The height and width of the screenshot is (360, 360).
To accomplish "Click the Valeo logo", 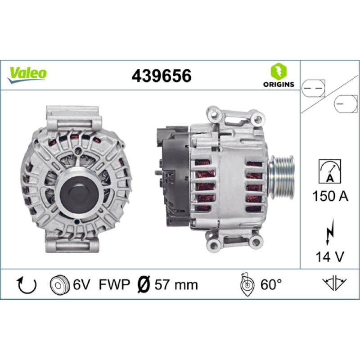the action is pos(27,75).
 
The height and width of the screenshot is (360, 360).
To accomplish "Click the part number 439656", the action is pos(162,76).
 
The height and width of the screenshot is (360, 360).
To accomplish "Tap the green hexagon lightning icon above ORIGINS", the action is pos(279,71).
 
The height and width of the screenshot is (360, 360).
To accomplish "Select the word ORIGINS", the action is pos(279,84).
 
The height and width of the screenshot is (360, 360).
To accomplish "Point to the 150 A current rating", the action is pos(330,196).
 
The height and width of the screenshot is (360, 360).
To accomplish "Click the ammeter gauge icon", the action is pos(330,171).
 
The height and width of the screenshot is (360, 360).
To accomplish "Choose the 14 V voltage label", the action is pos(330,256).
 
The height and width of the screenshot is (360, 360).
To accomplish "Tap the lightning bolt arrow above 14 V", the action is pos(329,231).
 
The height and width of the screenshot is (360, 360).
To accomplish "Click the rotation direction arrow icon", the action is pos(27,285).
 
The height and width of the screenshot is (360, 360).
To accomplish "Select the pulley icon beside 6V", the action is pos(60,285).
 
